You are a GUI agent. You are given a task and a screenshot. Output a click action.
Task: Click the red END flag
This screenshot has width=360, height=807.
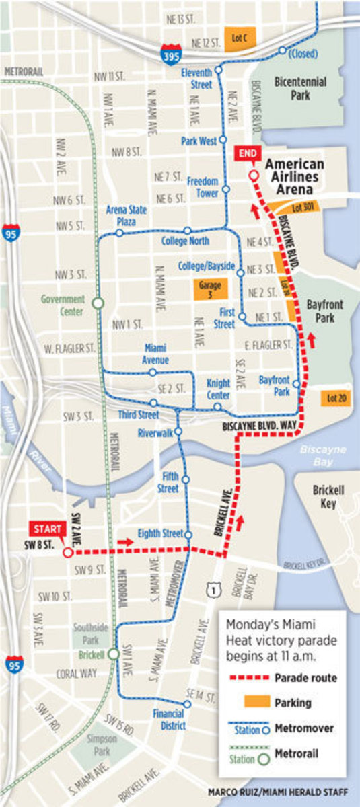pos(248,153)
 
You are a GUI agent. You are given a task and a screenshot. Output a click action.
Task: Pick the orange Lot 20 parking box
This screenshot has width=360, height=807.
pos(336,398)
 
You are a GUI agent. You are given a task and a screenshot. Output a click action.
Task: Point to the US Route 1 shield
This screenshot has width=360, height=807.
pos(213,589)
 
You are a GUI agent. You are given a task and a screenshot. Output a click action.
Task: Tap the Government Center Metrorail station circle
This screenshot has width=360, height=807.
pos(98,304)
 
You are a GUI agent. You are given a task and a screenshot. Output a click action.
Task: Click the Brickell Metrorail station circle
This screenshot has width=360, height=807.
pos(114,654)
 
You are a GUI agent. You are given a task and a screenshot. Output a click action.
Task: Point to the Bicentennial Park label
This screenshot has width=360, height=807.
pos(300,88)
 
